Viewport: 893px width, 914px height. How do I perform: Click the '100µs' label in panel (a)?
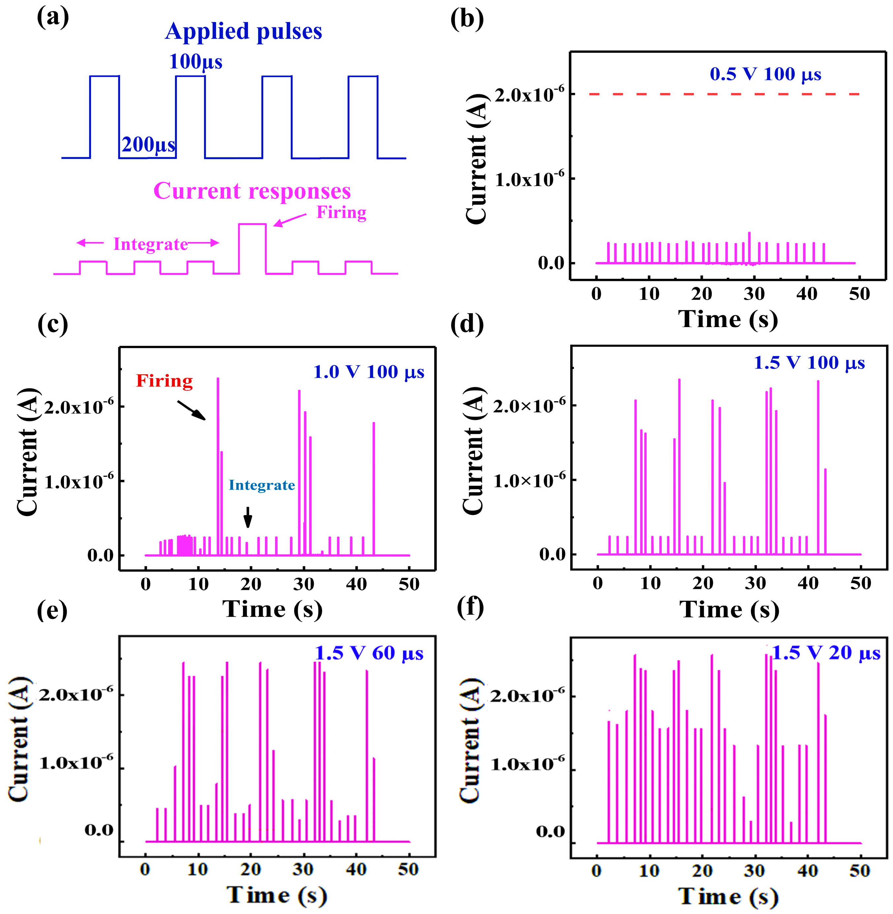coord(195,62)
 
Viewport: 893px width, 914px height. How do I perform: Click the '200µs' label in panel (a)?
coord(148,144)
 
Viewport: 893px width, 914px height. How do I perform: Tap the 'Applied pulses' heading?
coord(243,31)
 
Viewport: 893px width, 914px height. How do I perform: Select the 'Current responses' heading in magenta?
coord(252,191)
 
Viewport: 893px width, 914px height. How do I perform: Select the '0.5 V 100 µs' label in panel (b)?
coord(765,74)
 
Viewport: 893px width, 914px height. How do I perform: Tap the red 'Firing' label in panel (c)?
coord(164,381)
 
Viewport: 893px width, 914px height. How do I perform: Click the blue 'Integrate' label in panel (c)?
coord(262,485)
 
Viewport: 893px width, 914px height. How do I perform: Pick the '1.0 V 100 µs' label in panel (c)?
coord(369,372)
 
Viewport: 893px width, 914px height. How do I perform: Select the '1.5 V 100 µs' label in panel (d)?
coord(809,363)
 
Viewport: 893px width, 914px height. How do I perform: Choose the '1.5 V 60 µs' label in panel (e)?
coord(369,653)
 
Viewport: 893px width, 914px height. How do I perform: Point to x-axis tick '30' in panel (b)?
coord(754,294)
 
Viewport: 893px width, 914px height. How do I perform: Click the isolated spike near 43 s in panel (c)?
coord(374,488)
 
